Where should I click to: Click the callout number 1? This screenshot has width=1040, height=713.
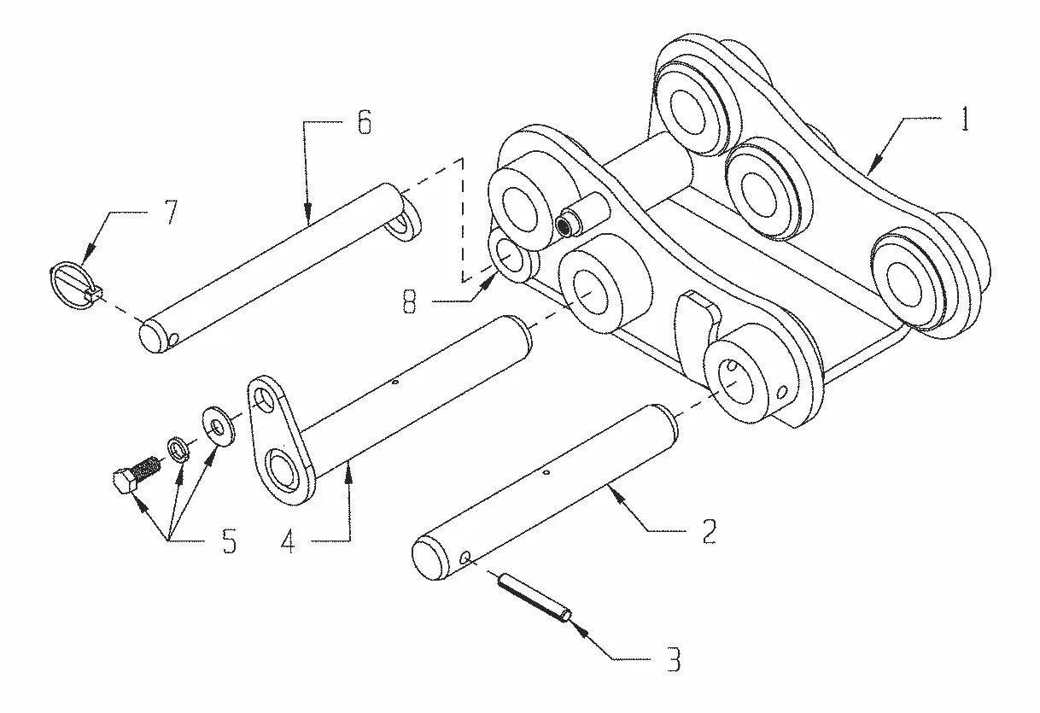click(965, 119)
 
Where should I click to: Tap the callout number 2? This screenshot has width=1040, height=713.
click(709, 531)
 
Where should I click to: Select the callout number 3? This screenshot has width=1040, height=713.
click(674, 659)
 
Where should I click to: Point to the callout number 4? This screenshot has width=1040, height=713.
click(289, 541)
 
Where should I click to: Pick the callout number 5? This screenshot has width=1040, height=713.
click(230, 541)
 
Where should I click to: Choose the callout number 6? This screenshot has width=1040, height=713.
click(365, 123)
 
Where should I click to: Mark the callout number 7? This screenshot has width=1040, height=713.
click(172, 212)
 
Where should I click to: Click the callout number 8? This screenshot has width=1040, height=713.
click(409, 301)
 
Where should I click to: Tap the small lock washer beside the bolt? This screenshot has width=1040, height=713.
click(177, 449)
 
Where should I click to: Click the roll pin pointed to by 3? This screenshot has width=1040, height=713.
click(534, 598)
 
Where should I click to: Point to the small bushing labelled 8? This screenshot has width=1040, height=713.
click(513, 255)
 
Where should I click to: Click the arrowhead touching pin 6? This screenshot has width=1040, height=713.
click(307, 210)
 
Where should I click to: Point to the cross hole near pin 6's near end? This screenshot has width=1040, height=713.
click(172, 340)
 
